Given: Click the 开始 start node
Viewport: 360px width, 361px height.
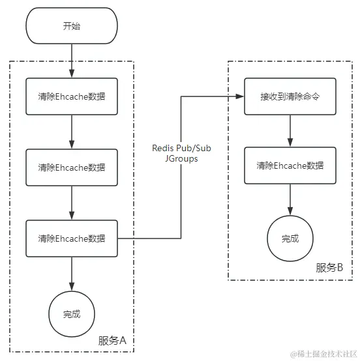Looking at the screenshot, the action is tap(72, 25).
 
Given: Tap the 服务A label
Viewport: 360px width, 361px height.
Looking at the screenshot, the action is tap(112, 341).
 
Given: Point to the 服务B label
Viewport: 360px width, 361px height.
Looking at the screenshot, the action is tap(329, 268).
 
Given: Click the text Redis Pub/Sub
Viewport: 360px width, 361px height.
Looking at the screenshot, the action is tap(181, 148).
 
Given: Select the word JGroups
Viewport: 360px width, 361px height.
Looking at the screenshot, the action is tap(181, 158).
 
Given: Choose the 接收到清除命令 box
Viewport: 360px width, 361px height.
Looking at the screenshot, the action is tap(290, 96).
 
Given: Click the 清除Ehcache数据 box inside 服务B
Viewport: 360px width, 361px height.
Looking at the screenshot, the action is tap(290, 166).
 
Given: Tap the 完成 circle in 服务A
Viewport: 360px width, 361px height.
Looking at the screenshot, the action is tap(72, 314).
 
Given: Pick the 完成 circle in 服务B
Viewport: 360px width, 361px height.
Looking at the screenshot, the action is tap(290, 238).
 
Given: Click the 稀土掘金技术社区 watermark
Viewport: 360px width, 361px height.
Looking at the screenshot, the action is tap(323, 354).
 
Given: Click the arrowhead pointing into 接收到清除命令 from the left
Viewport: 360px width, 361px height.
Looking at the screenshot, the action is tap(240, 96).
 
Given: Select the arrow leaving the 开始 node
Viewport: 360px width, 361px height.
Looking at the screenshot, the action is tap(72, 61).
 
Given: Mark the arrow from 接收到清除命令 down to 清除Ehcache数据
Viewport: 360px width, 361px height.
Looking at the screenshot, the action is tap(290, 131).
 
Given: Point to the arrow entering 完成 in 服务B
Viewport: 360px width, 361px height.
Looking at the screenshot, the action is tap(290, 199).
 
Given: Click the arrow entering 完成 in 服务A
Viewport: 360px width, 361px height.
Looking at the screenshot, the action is tap(72, 274).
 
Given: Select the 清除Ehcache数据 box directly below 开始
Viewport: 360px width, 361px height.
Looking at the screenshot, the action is tap(72, 96).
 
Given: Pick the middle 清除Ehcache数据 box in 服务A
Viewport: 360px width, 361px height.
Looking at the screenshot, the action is tap(72, 167).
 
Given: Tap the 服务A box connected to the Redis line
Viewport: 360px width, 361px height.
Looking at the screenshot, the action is tap(72, 238).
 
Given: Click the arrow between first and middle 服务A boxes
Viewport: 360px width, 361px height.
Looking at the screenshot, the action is tap(72, 132).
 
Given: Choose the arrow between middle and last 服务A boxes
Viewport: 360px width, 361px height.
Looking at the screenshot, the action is tap(72, 203).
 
